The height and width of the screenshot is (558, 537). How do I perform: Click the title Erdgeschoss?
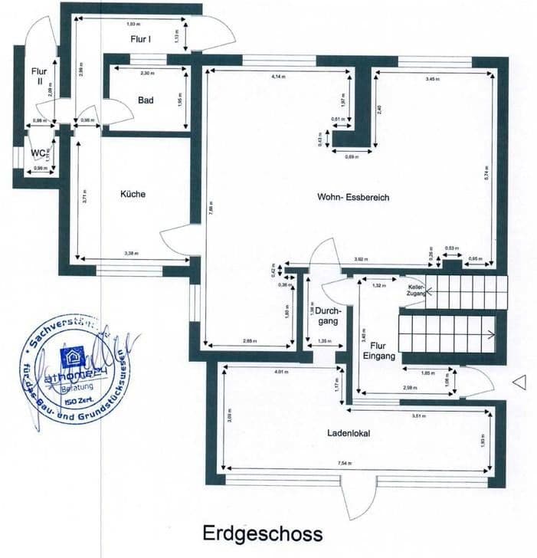[262, 533]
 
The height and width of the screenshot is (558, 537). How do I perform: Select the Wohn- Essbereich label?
[353, 197]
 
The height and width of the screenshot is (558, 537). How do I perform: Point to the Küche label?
[133, 194]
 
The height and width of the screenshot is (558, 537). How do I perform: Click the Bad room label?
[146, 100]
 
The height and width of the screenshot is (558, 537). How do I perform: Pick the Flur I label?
[139, 37]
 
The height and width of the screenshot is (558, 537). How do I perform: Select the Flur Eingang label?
[378, 351]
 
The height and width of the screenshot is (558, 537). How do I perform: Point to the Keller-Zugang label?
[417, 290]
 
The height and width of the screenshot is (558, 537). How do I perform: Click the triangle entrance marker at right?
[519, 381]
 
